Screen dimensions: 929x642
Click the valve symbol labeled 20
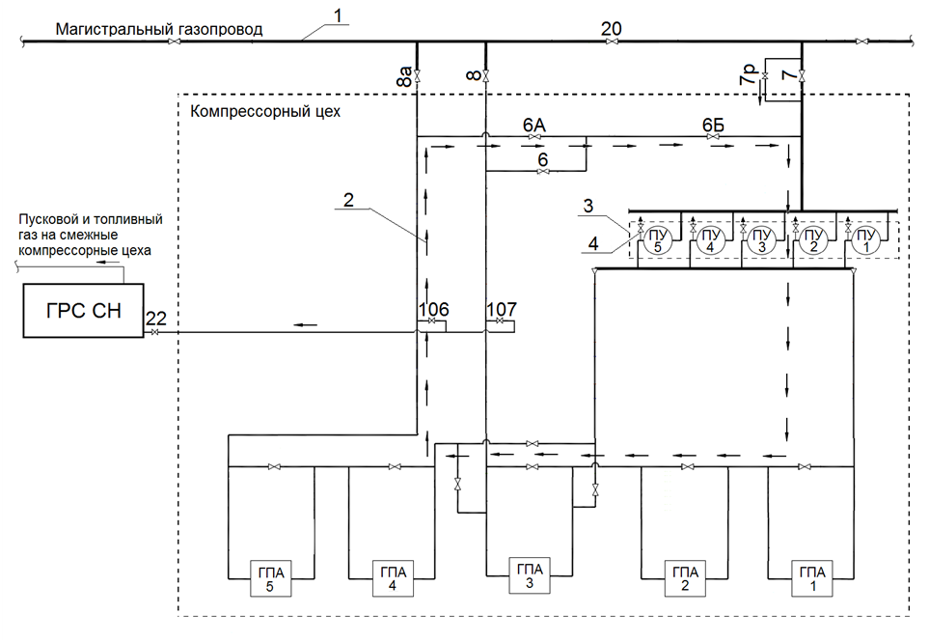click(612, 41)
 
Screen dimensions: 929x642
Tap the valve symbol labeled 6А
click(533, 137)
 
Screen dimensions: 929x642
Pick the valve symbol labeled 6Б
click(713, 137)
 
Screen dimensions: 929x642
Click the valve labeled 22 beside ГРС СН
click(154, 332)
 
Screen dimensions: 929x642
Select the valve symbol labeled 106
click(431, 321)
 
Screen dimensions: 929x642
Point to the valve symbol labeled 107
click(500, 321)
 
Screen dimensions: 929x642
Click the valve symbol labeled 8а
click(417, 76)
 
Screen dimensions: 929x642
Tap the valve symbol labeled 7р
click(765, 77)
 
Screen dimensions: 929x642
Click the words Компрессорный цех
click(265, 111)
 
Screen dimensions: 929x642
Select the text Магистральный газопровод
click(159, 29)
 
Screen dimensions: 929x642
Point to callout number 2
click(348, 199)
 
